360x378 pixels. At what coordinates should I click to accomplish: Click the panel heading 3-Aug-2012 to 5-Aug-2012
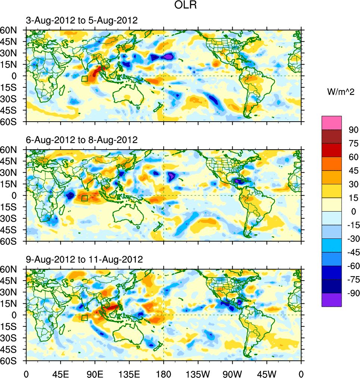(82, 21)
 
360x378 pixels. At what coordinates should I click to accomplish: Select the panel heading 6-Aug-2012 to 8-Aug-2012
(82, 140)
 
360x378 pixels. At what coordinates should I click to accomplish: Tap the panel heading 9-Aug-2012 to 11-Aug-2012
(84, 259)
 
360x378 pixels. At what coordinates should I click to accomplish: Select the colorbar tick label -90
(352, 293)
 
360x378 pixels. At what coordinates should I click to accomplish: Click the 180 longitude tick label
(164, 374)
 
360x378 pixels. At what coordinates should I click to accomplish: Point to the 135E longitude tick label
(129, 374)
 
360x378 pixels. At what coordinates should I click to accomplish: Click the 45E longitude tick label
(60, 374)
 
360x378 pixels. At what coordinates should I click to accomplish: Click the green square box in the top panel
(84, 78)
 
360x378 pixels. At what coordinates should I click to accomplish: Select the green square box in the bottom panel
(84, 318)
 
